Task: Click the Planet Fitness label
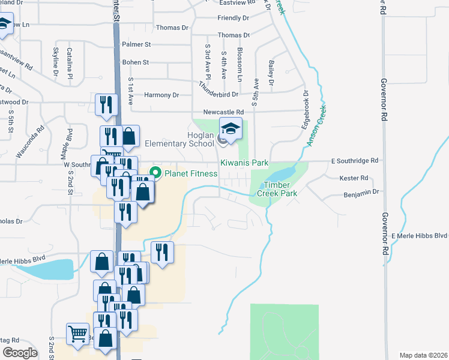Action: coord(192,174)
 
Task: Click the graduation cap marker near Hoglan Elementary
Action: coord(230,127)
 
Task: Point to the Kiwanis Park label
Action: coord(244,163)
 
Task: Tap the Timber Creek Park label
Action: coord(277,190)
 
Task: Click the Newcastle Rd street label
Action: coord(223,112)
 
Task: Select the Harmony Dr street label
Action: coord(162,95)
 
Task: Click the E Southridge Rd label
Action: coord(355,161)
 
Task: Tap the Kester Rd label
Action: coord(354,178)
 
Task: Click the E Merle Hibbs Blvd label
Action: coord(420,235)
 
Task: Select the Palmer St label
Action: coord(136,44)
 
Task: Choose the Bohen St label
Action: coord(135,62)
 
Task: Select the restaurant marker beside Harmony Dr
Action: coord(106,103)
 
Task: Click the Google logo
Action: coord(20,353)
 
